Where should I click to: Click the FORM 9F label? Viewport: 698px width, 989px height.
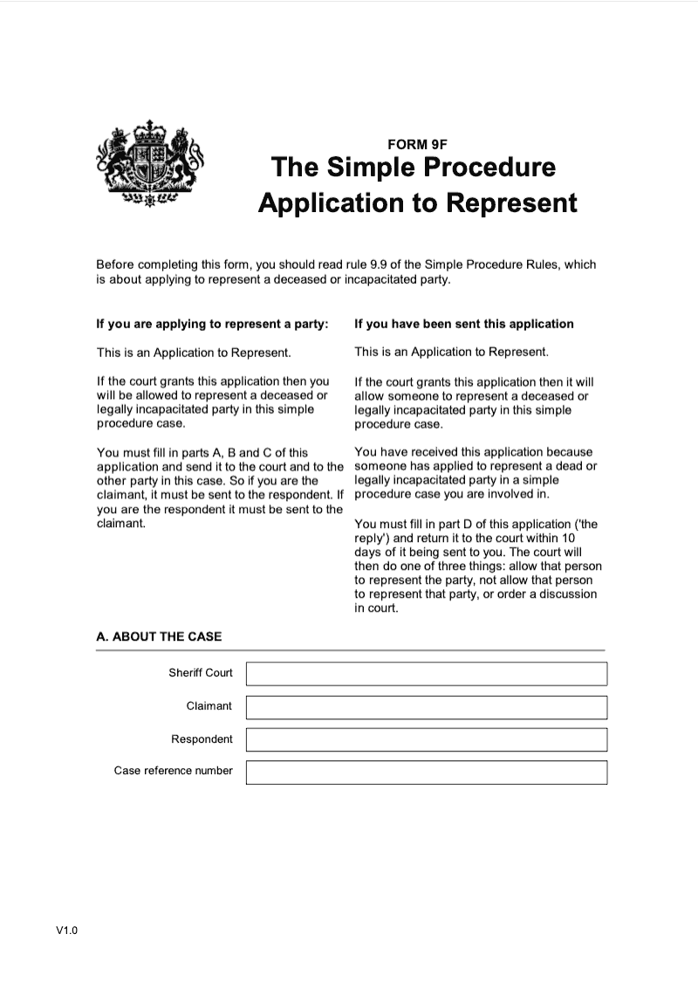[417, 145]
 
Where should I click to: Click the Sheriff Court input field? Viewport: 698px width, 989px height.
[426, 674]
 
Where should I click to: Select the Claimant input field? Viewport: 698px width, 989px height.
[426, 706]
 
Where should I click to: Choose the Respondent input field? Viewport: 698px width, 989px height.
[426, 739]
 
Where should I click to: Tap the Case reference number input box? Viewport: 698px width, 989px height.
[426, 772]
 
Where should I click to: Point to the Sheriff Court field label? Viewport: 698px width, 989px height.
[201, 673]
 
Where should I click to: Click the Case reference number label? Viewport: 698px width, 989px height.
[174, 771]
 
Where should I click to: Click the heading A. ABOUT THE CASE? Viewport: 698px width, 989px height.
[159, 636]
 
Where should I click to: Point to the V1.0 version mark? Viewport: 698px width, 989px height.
[67, 931]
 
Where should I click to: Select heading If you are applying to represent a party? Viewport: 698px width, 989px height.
[212, 324]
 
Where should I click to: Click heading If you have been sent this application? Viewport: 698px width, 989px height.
[464, 324]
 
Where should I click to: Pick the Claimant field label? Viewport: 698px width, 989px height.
[209, 705]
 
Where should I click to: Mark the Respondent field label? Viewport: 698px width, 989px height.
[202, 739]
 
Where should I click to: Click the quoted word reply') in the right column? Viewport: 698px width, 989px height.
[373, 538]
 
